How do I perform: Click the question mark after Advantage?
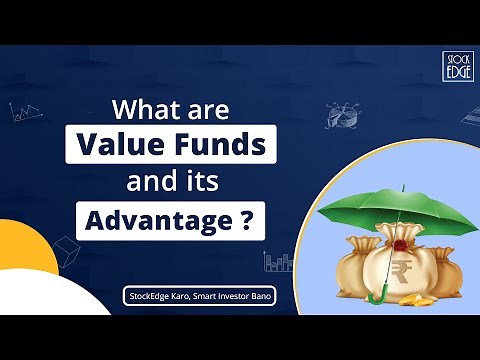tap(246, 220)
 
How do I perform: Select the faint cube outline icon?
tap(67, 249)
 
